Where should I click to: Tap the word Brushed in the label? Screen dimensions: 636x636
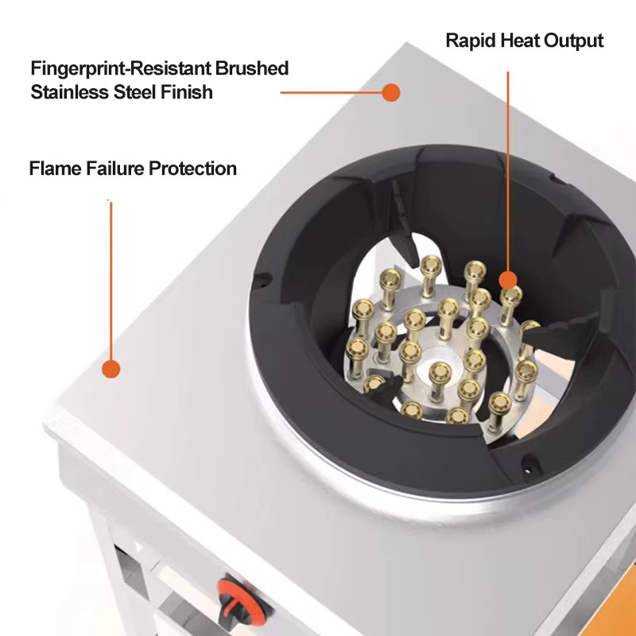(251, 68)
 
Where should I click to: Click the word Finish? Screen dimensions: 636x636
(187, 92)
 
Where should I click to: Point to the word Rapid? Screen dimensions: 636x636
(471, 41)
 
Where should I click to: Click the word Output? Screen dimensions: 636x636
(573, 41)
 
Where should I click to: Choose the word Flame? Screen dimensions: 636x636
(56, 169)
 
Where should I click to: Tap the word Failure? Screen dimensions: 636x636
(114, 169)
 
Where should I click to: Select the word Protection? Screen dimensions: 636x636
(192, 169)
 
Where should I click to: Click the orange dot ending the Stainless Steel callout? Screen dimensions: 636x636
(391, 92)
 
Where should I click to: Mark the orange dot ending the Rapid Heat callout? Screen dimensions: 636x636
(508, 281)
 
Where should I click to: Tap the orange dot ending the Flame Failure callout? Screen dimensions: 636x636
(111, 369)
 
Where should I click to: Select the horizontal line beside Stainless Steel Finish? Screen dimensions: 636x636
(332, 92)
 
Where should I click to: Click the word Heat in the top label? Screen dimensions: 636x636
(520, 41)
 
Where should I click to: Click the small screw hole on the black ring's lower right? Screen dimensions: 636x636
(528, 471)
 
